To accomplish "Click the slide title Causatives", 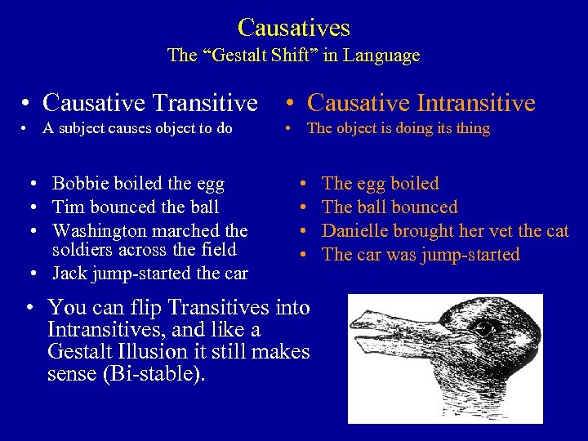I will [294, 28].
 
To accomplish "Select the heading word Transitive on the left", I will [207, 103].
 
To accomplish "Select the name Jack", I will [69, 273].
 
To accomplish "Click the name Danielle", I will [359, 231].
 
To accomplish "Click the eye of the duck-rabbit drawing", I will [488, 329].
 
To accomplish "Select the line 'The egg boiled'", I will [381, 184].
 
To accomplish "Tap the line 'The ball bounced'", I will [390, 207].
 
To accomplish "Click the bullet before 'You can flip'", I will [29, 309].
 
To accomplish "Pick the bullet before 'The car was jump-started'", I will [304, 256].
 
